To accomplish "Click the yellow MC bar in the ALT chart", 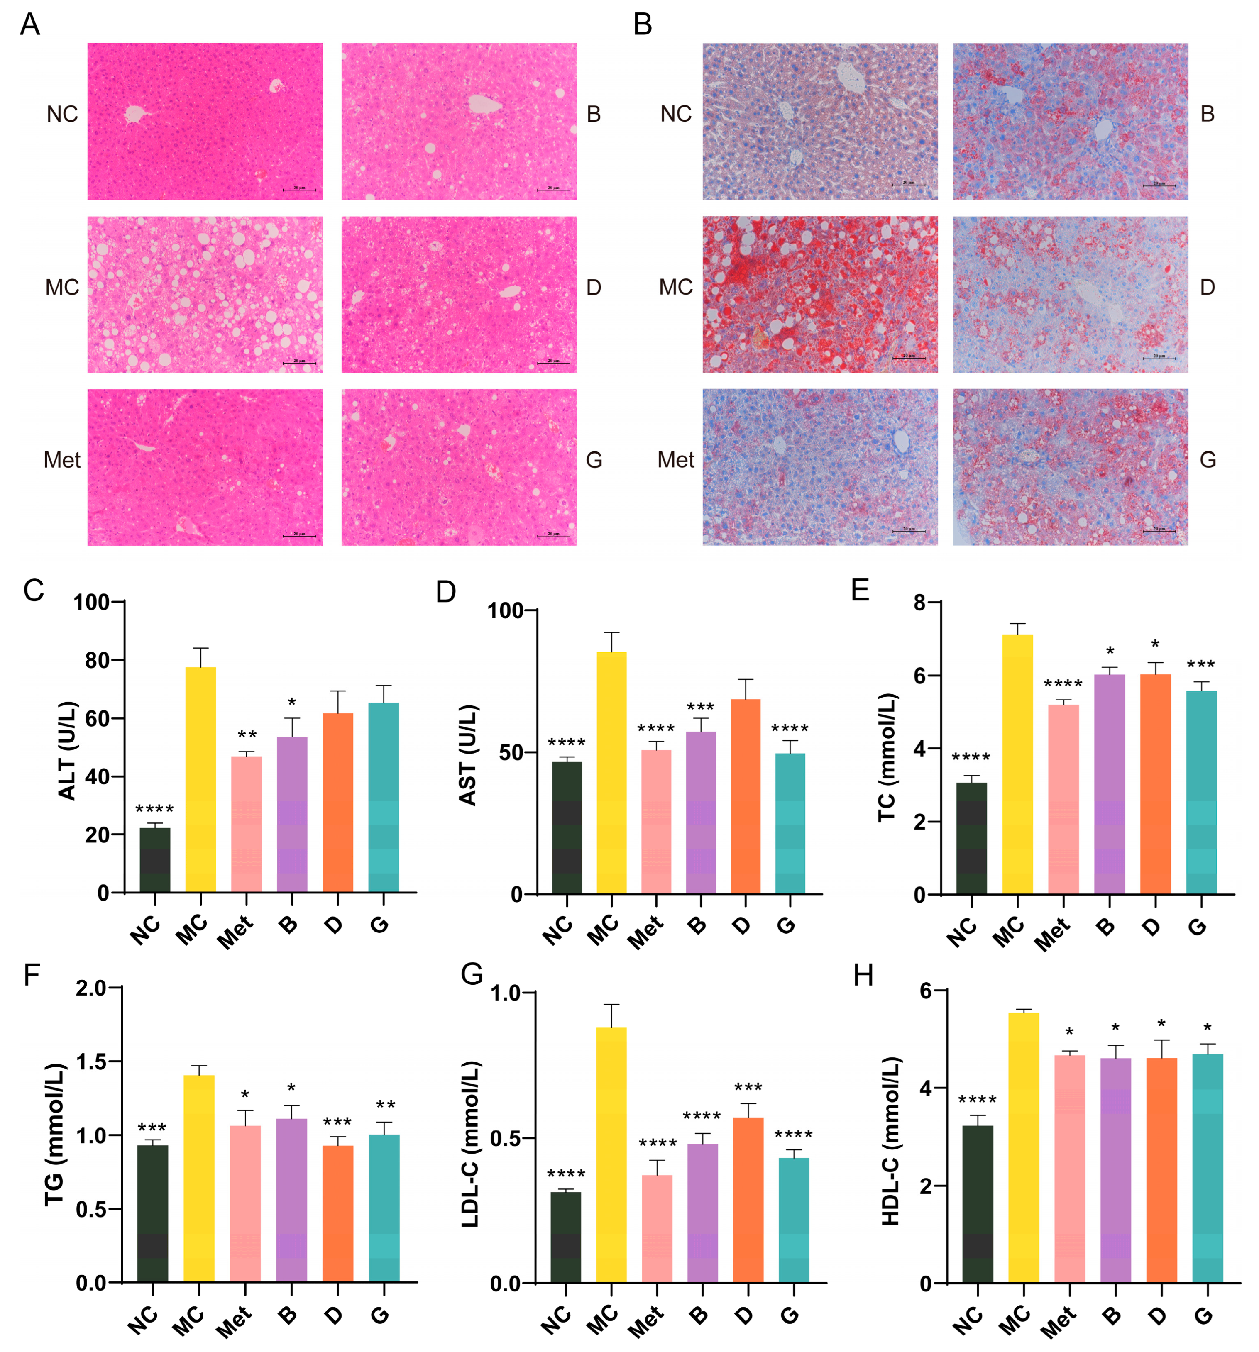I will pyautogui.click(x=200, y=778).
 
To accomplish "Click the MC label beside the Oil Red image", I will pyautogui.click(x=675, y=287).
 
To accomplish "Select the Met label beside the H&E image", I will pyautogui.click(x=62, y=460).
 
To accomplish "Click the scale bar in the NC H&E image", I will pyautogui.click(x=299, y=189).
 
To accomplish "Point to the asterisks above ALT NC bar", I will pyautogui.click(x=154, y=809).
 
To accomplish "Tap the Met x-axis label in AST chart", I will pyautogui.click(x=645, y=931).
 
